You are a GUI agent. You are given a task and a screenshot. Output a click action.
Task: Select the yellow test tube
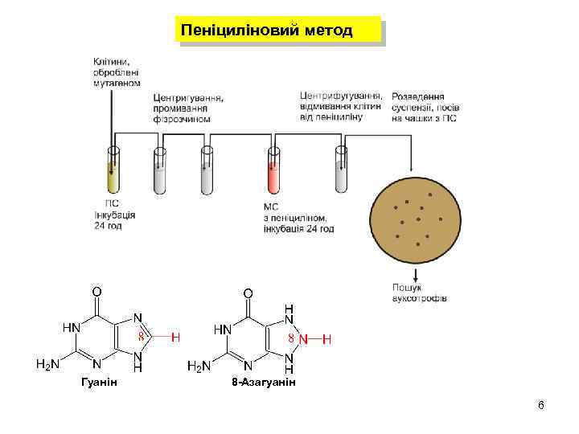click(113, 172)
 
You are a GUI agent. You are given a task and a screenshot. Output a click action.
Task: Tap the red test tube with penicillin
click(274, 173)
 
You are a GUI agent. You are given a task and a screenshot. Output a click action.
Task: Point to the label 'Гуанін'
click(100, 381)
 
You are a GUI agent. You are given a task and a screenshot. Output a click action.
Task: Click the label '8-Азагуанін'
click(263, 382)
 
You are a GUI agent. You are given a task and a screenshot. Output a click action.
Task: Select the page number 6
click(541, 404)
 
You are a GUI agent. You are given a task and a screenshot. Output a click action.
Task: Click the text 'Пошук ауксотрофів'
click(420, 293)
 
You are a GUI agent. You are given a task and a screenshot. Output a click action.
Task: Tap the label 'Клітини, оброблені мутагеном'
click(117, 72)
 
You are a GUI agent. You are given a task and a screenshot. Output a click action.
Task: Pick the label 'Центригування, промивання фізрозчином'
click(188, 108)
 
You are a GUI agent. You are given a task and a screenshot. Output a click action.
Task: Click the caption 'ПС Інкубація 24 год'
click(114, 215)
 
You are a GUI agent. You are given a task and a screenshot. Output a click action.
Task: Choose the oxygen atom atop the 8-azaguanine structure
click(248, 294)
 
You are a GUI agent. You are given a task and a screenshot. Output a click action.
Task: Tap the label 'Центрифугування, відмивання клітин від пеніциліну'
click(341, 105)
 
